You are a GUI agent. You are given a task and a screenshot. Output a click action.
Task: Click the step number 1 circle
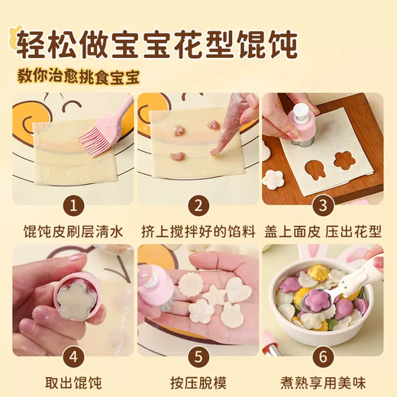(73, 205)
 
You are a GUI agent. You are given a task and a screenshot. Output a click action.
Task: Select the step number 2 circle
(198, 205)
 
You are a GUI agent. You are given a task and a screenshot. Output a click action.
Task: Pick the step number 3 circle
(323, 205)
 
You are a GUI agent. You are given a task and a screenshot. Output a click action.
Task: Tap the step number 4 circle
(73, 356)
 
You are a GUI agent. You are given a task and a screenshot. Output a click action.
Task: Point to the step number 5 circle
(198, 356)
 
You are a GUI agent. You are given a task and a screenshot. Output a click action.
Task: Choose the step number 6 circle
(323, 356)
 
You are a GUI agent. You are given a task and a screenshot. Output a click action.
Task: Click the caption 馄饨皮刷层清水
(73, 230)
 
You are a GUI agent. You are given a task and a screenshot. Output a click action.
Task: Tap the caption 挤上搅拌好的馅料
(198, 230)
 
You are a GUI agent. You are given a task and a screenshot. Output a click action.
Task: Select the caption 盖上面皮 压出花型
(323, 230)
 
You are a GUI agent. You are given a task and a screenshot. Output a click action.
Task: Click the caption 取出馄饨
(73, 381)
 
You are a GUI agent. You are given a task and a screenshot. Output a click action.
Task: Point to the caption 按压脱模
(198, 381)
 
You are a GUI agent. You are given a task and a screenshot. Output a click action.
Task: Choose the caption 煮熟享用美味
(323, 381)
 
